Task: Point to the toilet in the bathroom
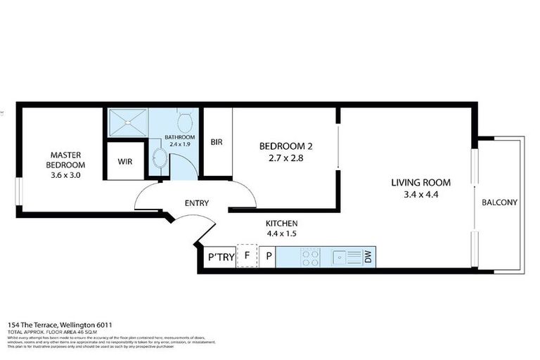click(x=186, y=117)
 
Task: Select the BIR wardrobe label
click(x=217, y=142)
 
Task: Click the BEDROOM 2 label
click(x=285, y=146)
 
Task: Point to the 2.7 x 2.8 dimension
click(x=285, y=159)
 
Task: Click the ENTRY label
click(x=197, y=203)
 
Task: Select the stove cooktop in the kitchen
click(x=309, y=257)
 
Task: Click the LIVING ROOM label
click(x=420, y=183)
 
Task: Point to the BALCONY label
click(x=499, y=202)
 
